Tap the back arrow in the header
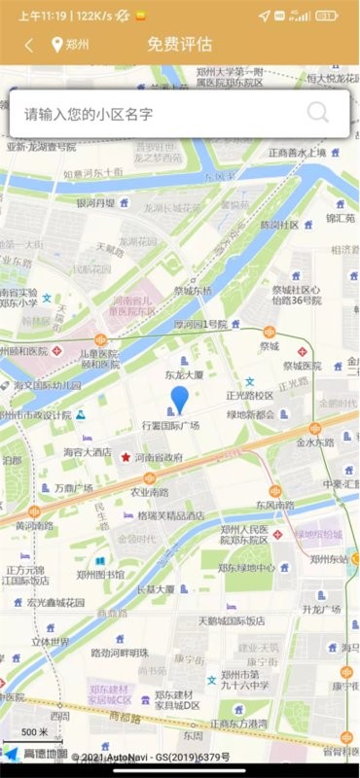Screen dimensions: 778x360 pyautogui.click(x=29, y=45)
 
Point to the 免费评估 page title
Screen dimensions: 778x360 pyautogui.click(x=179, y=45)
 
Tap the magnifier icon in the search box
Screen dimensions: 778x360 pyautogui.click(x=318, y=113)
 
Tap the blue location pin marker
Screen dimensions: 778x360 pyautogui.click(x=180, y=399)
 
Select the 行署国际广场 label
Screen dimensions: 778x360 pyautogui.click(x=170, y=426)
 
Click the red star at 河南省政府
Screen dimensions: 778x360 pyautogui.click(x=126, y=456)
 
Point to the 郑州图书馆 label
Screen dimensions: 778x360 pyautogui.click(x=100, y=575)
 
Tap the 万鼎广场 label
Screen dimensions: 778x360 pyautogui.click(x=73, y=487)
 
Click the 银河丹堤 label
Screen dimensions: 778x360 pyautogui.click(x=95, y=203)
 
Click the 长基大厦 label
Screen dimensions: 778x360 pyautogui.click(x=155, y=588)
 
